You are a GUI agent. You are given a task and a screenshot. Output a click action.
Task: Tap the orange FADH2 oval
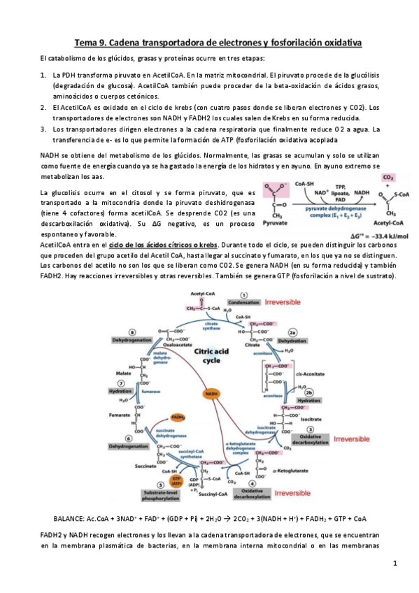coord(178,417)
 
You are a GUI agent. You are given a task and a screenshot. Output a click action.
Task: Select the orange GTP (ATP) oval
coord(166,481)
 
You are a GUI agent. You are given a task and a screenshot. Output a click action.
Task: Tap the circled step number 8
coord(132,331)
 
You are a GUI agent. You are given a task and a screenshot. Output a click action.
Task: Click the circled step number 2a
coord(293,332)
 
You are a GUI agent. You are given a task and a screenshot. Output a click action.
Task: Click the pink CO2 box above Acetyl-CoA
coord(389,178)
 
